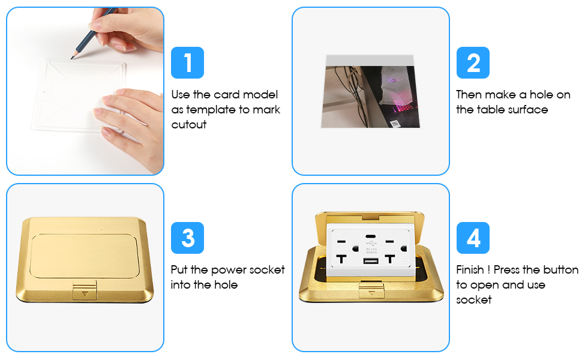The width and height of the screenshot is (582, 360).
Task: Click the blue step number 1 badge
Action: click(187, 62)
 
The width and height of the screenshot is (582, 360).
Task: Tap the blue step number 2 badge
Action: click(473, 62)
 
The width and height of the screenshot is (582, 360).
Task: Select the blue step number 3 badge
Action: click(187, 238)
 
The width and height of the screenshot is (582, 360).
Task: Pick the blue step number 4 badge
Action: click(473, 238)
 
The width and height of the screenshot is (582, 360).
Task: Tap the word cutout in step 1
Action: click(188, 125)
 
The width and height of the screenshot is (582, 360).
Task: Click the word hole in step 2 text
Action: click(541, 95)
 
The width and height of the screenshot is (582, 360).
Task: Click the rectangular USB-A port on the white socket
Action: click(370, 260)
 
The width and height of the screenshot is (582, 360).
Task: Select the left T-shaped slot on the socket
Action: click(341, 259)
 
